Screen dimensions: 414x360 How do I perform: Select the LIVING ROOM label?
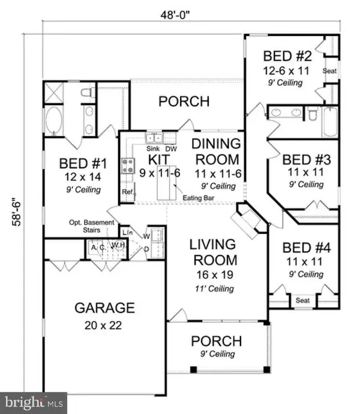click(213, 253)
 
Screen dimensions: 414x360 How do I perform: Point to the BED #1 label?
click(83, 163)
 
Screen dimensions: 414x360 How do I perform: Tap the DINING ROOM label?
click(215, 151)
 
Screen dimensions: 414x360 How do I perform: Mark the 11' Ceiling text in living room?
click(213, 289)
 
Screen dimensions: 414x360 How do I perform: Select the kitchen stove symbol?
click(127, 165)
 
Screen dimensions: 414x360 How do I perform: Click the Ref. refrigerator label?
click(127, 192)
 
